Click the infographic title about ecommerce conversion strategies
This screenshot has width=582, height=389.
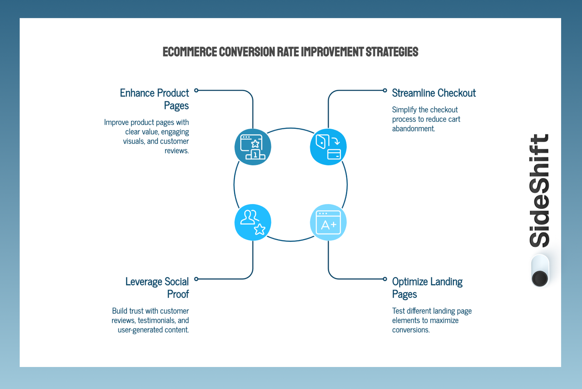click(290, 52)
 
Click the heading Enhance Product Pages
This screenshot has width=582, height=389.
click(155, 99)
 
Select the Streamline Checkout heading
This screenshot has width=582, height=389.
click(434, 93)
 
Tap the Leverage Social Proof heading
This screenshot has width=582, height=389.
click(157, 288)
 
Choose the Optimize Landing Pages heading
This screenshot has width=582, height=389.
click(427, 288)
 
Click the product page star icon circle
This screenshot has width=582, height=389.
click(253, 147)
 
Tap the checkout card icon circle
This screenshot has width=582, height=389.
click(328, 147)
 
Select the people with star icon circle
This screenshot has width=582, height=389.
click(253, 222)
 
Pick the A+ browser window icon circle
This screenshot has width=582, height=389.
click(328, 222)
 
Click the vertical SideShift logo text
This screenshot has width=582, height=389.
click(540, 190)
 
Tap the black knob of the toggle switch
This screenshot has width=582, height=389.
click(540, 278)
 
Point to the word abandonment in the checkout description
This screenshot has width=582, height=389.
click(413, 129)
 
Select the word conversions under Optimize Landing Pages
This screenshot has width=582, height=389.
click(411, 330)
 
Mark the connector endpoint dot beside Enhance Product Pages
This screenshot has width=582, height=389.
click(196, 90)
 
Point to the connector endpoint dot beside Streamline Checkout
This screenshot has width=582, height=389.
click(385, 90)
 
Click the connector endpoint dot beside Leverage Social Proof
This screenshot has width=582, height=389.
click(196, 279)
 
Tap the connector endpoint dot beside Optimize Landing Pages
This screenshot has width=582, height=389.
click(385, 279)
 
